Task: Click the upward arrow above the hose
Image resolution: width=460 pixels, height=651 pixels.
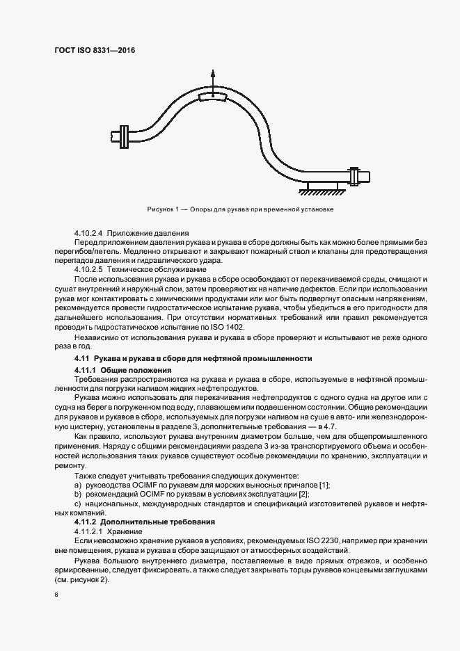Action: pyautogui.click(x=214, y=79)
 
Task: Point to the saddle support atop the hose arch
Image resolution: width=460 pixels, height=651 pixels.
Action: pyautogui.click(x=213, y=97)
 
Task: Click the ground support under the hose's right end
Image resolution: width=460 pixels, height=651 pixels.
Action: pyautogui.click(x=322, y=186)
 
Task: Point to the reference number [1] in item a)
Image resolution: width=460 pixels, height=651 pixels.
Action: pyautogui.click(x=324, y=484)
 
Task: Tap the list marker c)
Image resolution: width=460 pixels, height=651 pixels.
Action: pyautogui.click(x=78, y=503)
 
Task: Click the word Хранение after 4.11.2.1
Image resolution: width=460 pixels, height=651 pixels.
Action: pyautogui.click(x=125, y=531)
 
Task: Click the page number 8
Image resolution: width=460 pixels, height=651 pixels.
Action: pyautogui.click(x=55, y=595)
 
